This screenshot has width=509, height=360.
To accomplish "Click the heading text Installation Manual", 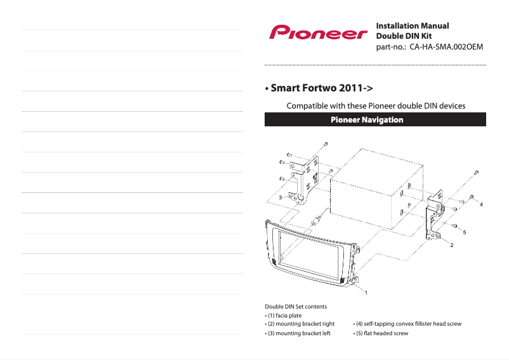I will click(x=413, y=26).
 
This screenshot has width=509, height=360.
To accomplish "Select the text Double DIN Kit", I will click(x=404, y=36).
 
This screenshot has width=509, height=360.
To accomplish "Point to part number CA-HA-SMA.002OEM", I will click(x=430, y=47).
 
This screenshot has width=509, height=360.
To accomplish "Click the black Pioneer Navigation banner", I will click(x=375, y=119).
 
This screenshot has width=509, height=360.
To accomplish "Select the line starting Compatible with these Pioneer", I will click(x=376, y=105).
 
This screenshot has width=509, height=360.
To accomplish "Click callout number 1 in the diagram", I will click(x=365, y=293).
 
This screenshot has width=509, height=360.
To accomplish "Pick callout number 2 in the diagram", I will click(x=451, y=244).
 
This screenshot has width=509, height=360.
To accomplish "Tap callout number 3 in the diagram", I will click(x=280, y=198).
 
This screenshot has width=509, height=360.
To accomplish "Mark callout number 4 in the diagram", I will click(x=481, y=204).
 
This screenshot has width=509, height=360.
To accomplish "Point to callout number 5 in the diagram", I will click(x=464, y=233).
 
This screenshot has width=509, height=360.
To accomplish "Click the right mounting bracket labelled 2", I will click(x=436, y=216).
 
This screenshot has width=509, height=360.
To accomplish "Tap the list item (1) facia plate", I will click(x=283, y=316).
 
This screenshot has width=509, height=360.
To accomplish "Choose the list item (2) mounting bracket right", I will click(x=300, y=324).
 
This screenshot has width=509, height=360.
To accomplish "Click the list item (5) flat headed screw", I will click(x=380, y=333).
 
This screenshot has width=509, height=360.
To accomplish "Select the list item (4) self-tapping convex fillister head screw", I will click(x=407, y=324).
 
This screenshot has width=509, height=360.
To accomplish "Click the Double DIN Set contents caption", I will click(x=295, y=307).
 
